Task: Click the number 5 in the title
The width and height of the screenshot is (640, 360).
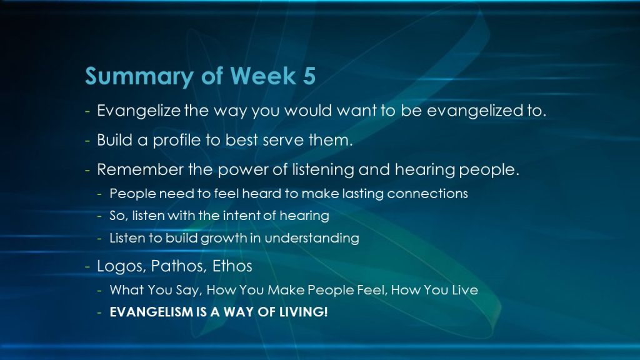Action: tap(309, 76)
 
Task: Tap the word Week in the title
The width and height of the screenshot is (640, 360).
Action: tap(263, 76)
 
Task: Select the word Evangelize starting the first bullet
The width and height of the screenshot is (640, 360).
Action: tap(138, 111)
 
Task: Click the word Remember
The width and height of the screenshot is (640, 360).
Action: tap(140, 169)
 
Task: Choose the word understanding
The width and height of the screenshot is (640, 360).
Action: tap(312, 238)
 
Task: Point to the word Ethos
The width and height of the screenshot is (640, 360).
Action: tap(232, 266)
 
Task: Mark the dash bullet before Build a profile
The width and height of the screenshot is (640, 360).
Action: tap(87, 141)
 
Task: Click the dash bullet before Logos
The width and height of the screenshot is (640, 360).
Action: tap(87, 267)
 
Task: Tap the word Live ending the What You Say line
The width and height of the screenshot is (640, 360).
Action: tap(464, 290)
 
